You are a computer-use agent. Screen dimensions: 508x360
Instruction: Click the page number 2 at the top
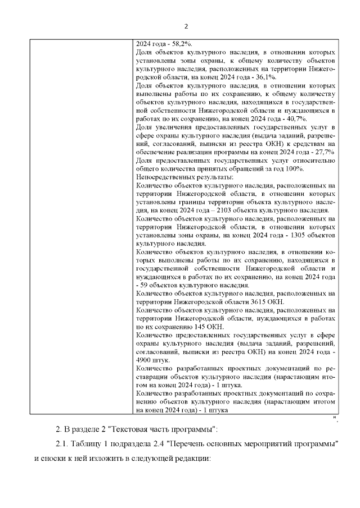tap(186, 26)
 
